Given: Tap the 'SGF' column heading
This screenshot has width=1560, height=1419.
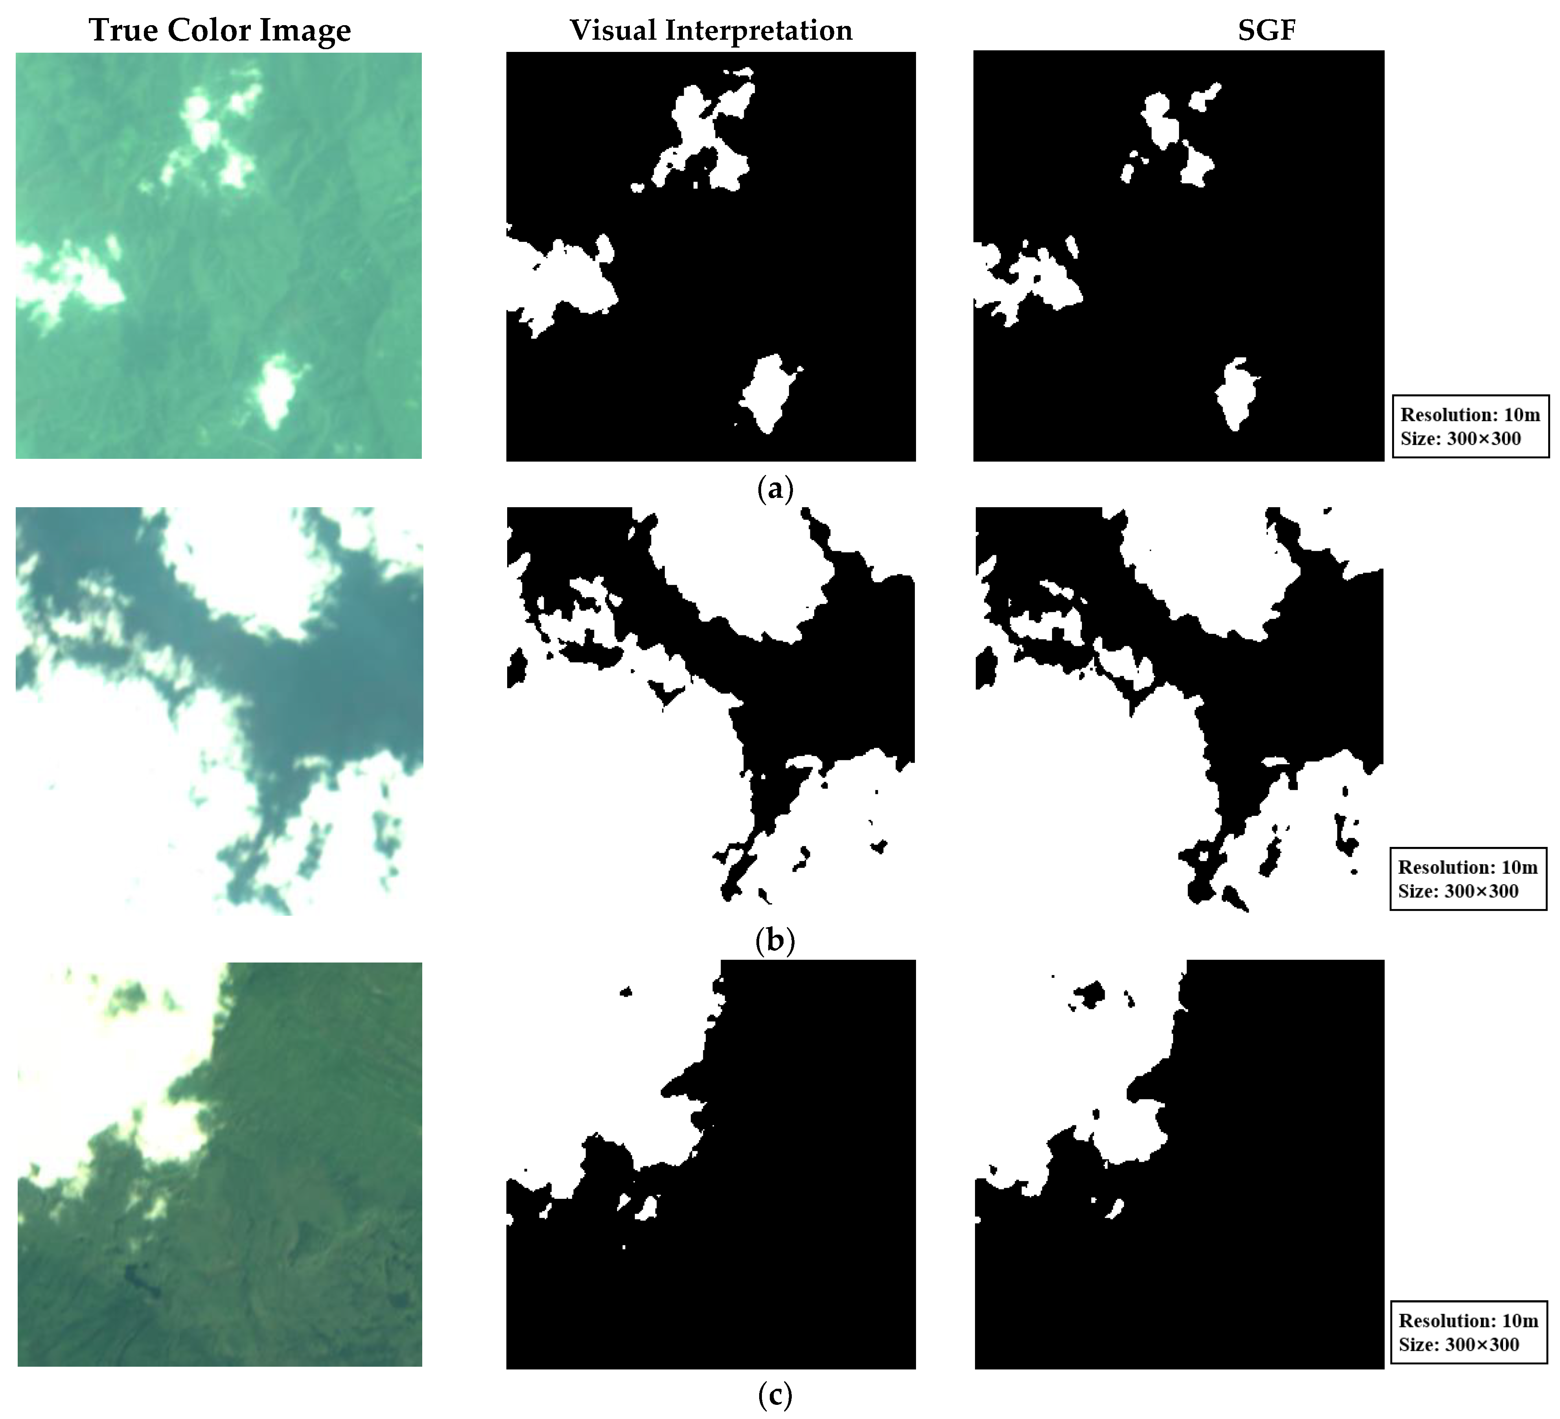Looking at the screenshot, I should (1266, 30).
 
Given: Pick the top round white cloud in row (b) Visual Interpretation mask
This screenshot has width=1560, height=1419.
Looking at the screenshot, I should (735, 565).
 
